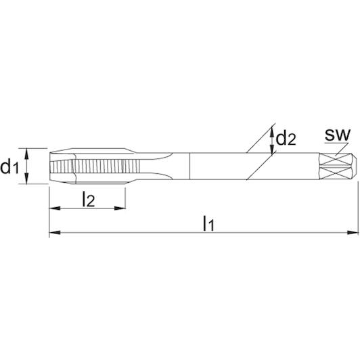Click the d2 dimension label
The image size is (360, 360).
coord(286,139)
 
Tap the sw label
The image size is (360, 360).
coord(338,135)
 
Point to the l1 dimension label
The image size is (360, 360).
coord(208,223)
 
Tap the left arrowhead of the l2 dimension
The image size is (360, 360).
coord(55,208)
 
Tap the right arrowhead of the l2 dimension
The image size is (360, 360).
coord(120,208)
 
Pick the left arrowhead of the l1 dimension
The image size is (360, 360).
coord(55,233)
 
